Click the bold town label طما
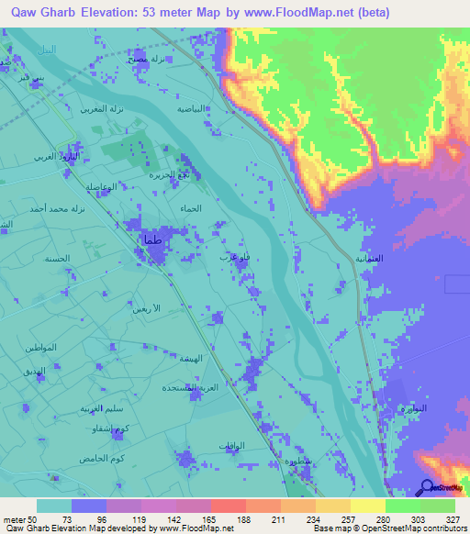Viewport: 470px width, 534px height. coord(151,240)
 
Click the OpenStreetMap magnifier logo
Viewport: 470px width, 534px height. coord(428,487)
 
